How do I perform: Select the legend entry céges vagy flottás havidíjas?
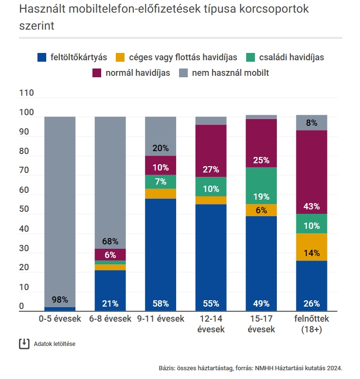pos(177,57)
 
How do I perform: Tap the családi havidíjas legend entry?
pos(285,57)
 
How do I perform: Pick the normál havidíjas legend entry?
pos(131,73)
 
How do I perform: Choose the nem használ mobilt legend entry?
pos(224,73)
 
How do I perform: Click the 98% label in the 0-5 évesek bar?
pos(60,300)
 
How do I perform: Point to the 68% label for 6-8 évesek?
pos(110,241)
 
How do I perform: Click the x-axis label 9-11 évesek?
pos(161,319)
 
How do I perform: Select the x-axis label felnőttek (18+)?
pos(312,324)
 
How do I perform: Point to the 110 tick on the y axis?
pos(26,93)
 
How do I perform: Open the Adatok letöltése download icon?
pos(24,344)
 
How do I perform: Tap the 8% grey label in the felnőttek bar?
pos(311,123)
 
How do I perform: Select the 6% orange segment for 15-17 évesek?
pos(261,210)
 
